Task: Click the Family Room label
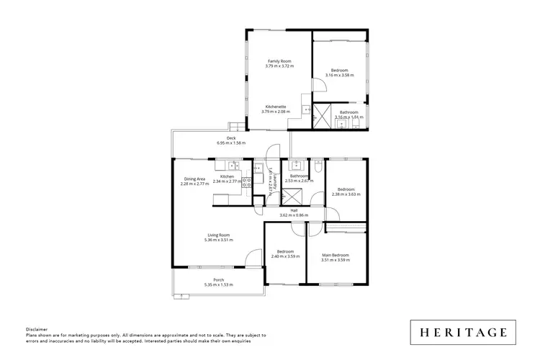279,61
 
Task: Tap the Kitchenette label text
276,107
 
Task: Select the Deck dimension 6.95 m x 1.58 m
231,143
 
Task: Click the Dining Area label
194,179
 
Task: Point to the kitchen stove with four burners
246,183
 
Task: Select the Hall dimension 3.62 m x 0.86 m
294,215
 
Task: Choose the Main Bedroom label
336,256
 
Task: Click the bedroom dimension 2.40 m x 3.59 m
285,256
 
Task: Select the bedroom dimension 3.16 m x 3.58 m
339,75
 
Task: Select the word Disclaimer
36,330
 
